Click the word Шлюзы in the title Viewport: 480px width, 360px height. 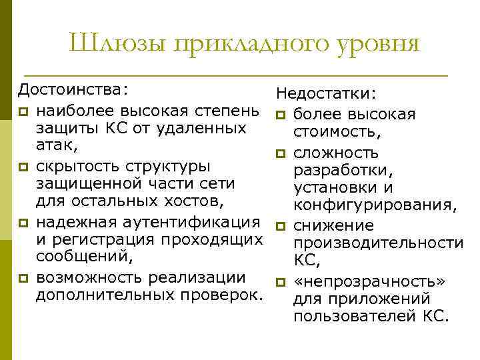[x=117, y=44]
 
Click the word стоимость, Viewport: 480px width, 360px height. [x=337, y=132]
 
